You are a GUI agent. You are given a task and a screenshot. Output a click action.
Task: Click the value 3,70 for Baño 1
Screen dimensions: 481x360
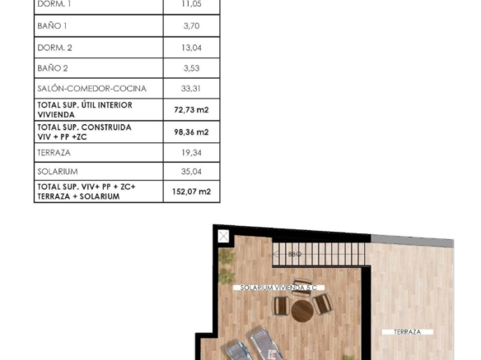pyautogui.click(x=191, y=26)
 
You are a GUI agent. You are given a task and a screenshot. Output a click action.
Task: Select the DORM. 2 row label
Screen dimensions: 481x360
pyautogui.click(x=54, y=48)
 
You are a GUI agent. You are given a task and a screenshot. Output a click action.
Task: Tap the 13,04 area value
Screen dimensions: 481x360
pyautogui.click(x=191, y=48)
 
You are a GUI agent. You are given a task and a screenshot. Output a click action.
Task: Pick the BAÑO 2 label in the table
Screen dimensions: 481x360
pyautogui.click(x=53, y=68)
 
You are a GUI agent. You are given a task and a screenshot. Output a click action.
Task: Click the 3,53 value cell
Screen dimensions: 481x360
pyautogui.click(x=191, y=68)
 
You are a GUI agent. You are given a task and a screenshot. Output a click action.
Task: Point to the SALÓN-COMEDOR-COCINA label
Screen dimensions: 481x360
pyautogui.click(x=91, y=89)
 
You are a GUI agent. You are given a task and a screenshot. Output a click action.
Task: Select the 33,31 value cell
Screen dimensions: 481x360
pyautogui.click(x=191, y=89)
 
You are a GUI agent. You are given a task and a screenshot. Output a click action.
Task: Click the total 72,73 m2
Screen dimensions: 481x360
pyautogui.click(x=191, y=109)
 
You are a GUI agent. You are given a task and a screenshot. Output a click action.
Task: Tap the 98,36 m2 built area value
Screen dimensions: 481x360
pyautogui.click(x=191, y=132)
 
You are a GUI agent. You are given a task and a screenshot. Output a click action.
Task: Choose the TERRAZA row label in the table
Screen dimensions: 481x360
pyautogui.click(x=54, y=152)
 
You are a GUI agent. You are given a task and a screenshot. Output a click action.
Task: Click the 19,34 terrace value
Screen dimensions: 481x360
pyautogui.click(x=191, y=152)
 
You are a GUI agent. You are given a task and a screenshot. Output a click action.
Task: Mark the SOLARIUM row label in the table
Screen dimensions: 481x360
pyautogui.click(x=58, y=172)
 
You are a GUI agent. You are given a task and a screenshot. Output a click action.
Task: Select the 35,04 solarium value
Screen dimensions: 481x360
pyautogui.click(x=191, y=172)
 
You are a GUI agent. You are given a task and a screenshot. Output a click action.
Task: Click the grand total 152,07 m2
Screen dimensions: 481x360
pyautogui.click(x=191, y=192)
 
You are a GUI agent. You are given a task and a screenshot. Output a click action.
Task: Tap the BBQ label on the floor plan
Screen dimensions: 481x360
pyautogui.click(x=295, y=254)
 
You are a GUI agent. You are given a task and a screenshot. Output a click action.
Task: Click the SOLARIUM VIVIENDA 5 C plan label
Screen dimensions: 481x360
pyautogui.click(x=278, y=288)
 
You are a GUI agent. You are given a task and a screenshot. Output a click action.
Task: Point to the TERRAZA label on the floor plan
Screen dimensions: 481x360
pyautogui.click(x=408, y=332)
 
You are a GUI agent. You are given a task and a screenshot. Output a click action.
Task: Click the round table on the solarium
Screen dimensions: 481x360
pyautogui.click(x=302, y=311)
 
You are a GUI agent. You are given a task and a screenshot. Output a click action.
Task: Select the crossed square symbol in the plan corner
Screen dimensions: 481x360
pyautogui.click(x=223, y=237)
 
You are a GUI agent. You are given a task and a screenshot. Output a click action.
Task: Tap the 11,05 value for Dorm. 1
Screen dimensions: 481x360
pyautogui.click(x=191, y=4)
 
